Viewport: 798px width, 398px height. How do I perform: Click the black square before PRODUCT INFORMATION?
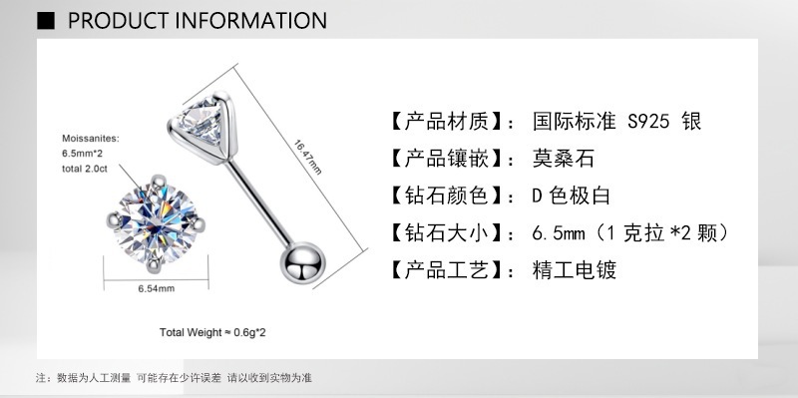point(45,20)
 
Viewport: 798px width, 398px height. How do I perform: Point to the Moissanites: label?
point(90,140)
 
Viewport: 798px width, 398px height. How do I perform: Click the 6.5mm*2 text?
point(84,155)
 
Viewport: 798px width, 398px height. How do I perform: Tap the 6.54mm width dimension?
point(157,288)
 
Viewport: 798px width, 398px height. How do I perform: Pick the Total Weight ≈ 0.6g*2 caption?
point(210,331)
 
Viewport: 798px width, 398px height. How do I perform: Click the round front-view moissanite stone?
point(156,223)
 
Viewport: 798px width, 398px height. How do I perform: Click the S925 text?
point(649,122)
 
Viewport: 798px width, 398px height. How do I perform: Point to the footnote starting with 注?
point(175,378)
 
